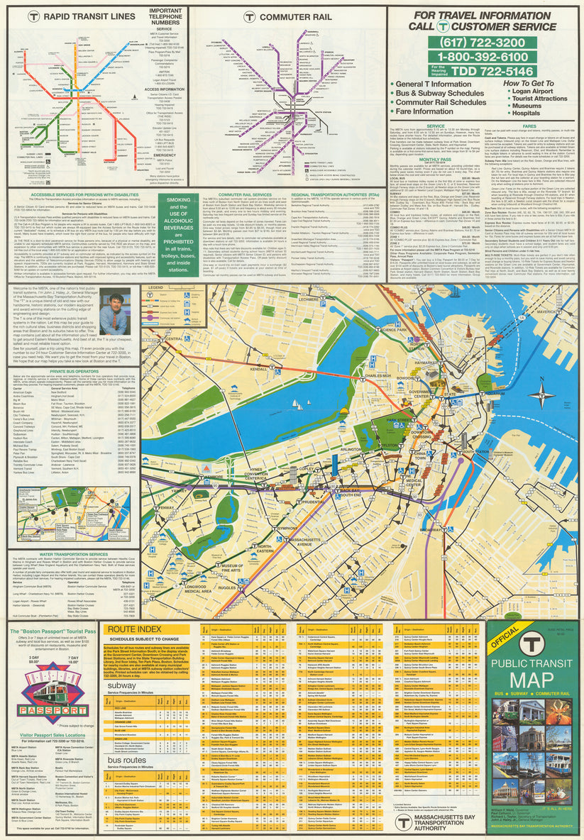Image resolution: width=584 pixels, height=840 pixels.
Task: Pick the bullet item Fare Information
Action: [x=424, y=111]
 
